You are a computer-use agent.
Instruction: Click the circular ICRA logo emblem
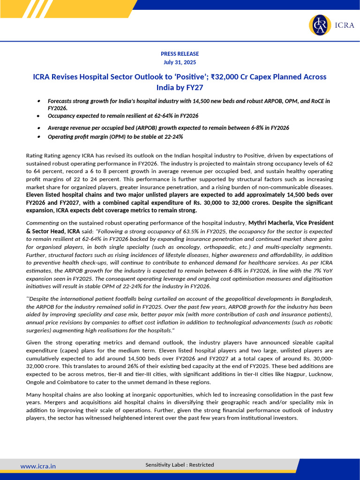[319, 25]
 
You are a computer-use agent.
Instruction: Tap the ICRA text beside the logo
[344, 25]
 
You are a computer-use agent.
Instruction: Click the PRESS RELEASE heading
[180, 54]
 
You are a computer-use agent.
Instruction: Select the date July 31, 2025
[180, 62]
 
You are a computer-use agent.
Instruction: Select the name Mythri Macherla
[270, 223]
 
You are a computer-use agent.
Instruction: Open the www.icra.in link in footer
[38, 466]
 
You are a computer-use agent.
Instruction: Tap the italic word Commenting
[42, 223]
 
